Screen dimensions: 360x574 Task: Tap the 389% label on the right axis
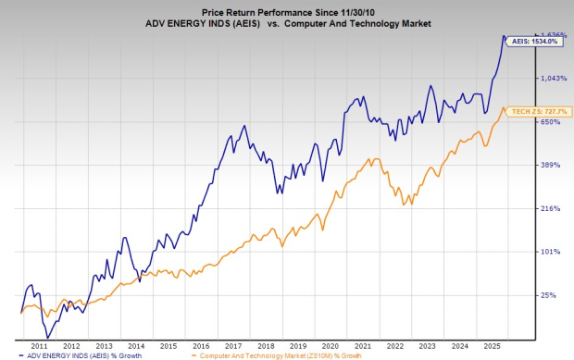pos(552,165)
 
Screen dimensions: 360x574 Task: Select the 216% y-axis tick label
pos(552,208)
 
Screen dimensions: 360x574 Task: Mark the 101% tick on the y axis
pos(552,252)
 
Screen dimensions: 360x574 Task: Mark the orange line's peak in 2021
pos(369,159)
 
